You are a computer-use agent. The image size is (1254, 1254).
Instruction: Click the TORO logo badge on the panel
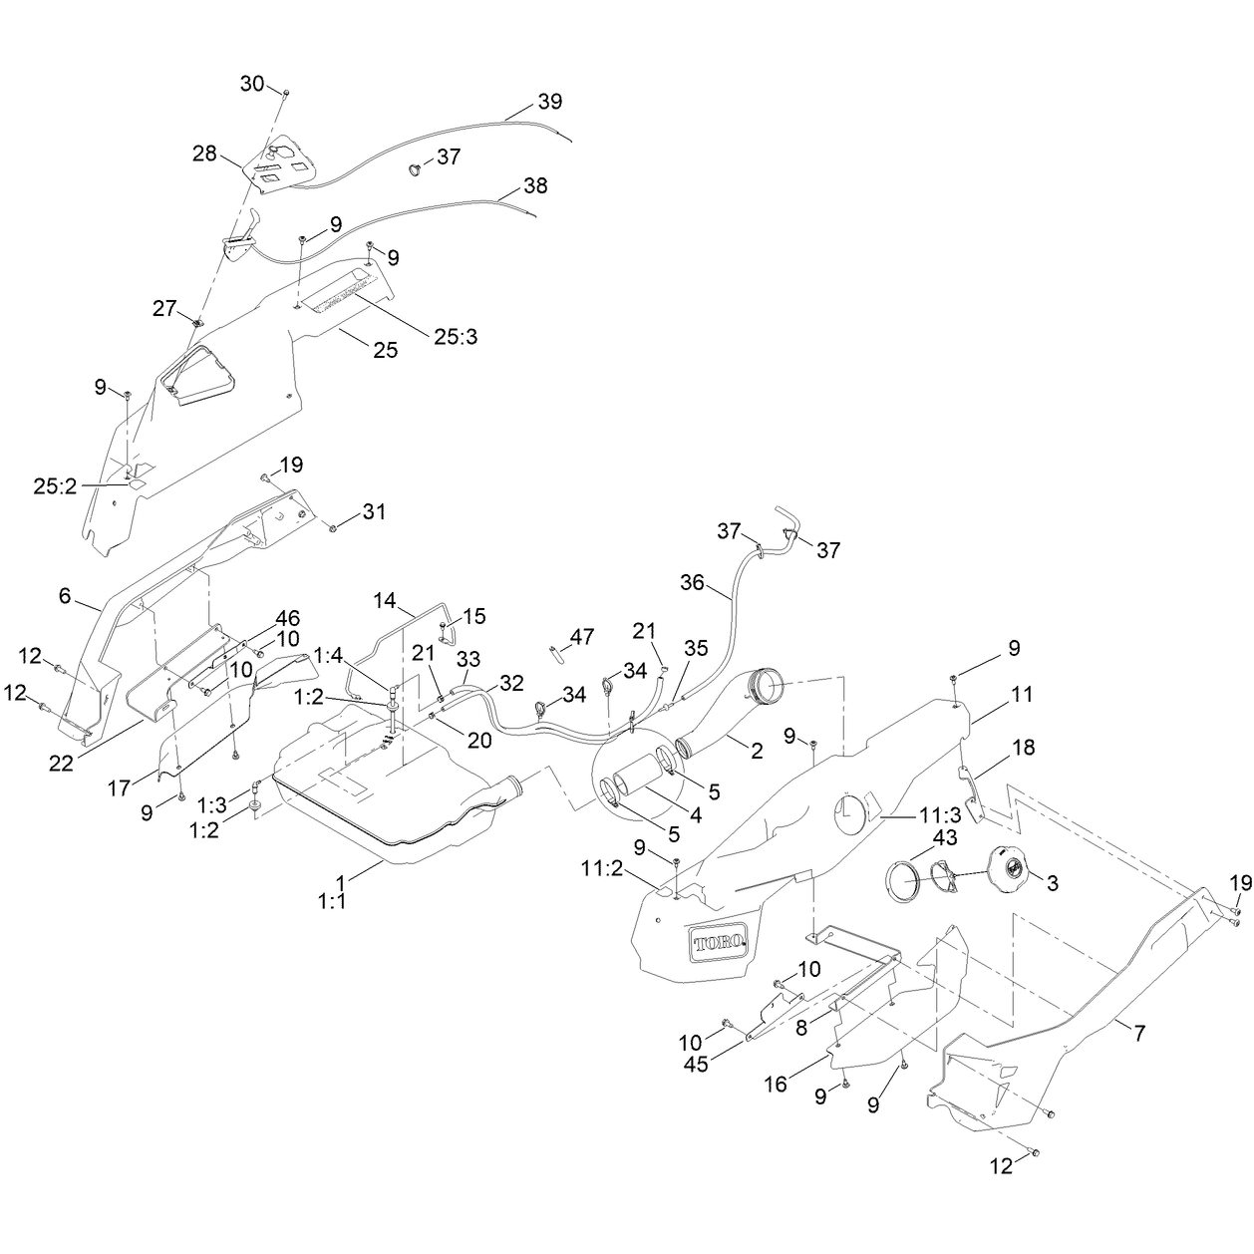coord(719,942)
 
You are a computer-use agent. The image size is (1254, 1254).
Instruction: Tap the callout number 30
coord(252,84)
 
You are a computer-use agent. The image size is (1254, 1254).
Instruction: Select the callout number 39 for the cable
coord(550,102)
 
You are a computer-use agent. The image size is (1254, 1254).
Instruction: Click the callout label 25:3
coord(456,337)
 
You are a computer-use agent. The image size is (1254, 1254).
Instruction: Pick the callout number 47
coord(582,636)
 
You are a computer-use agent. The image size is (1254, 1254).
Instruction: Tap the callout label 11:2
coord(603,869)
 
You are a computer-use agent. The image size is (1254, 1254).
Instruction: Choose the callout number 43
coord(944,837)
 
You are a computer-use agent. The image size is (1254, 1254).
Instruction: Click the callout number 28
coord(204,155)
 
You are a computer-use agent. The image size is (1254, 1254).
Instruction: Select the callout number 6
coord(65,595)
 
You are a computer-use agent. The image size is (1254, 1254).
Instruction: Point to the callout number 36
coord(692,582)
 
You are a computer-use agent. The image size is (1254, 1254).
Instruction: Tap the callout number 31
coord(374,511)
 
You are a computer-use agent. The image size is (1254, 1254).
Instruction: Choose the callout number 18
coord(1024,747)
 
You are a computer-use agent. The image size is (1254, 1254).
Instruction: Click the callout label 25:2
coord(55,486)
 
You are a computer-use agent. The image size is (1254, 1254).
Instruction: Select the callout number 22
coord(62,763)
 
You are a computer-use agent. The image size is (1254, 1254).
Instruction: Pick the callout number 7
coord(1138,1033)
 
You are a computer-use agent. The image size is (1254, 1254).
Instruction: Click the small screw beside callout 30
coord(285,95)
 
